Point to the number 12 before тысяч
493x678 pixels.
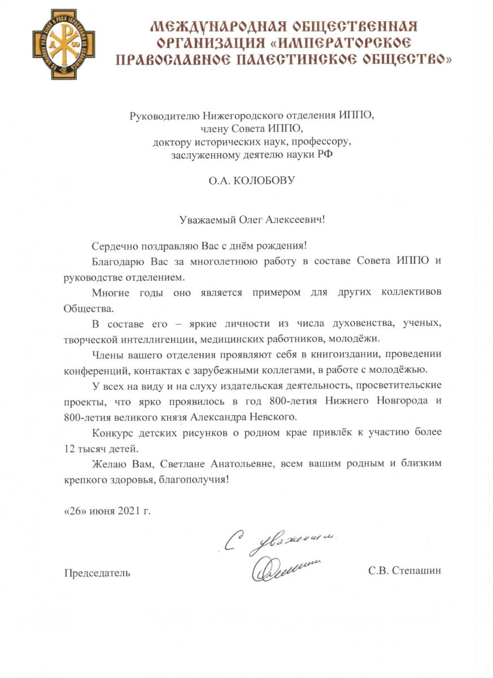pyautogui.click(x=69, y=449)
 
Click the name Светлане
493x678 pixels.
pyautogui.click(x=184, y=464)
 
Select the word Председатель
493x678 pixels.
pyautogui.click(x=97, y=573)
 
